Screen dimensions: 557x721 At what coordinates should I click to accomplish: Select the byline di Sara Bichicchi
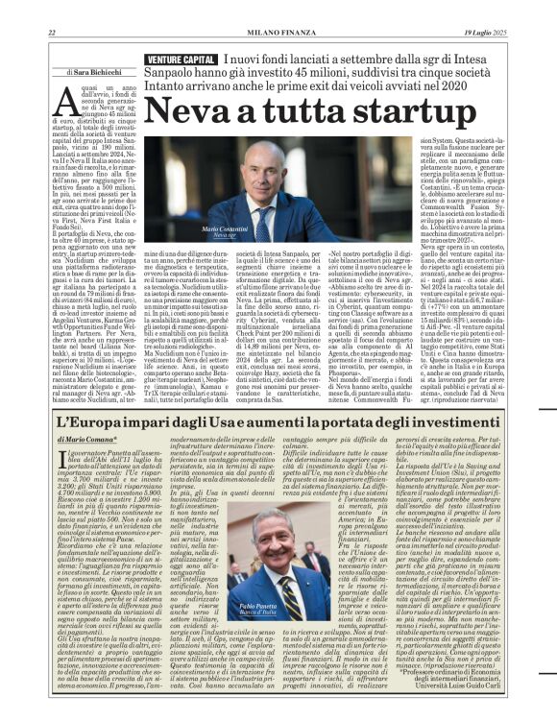[x=93, y=72]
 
